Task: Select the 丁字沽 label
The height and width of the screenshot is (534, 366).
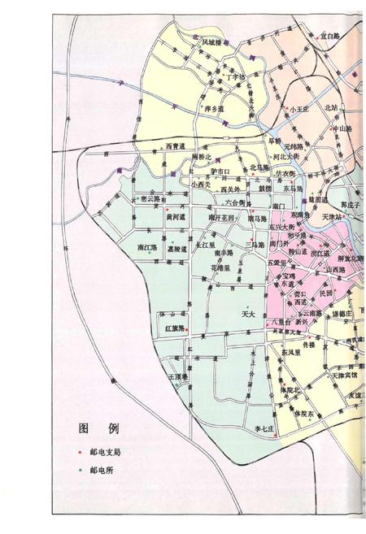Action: click(237, 78)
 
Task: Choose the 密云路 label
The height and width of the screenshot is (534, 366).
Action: click(150, 198)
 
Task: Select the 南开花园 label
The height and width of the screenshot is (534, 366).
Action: click(220, 218)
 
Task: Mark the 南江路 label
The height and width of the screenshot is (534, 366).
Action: click(147, 247)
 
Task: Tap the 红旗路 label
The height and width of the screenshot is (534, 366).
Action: click(176, 328)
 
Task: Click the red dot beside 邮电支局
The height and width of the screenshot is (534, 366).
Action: click(80, 451)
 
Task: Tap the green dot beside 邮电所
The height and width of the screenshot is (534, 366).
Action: click(80, 471)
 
